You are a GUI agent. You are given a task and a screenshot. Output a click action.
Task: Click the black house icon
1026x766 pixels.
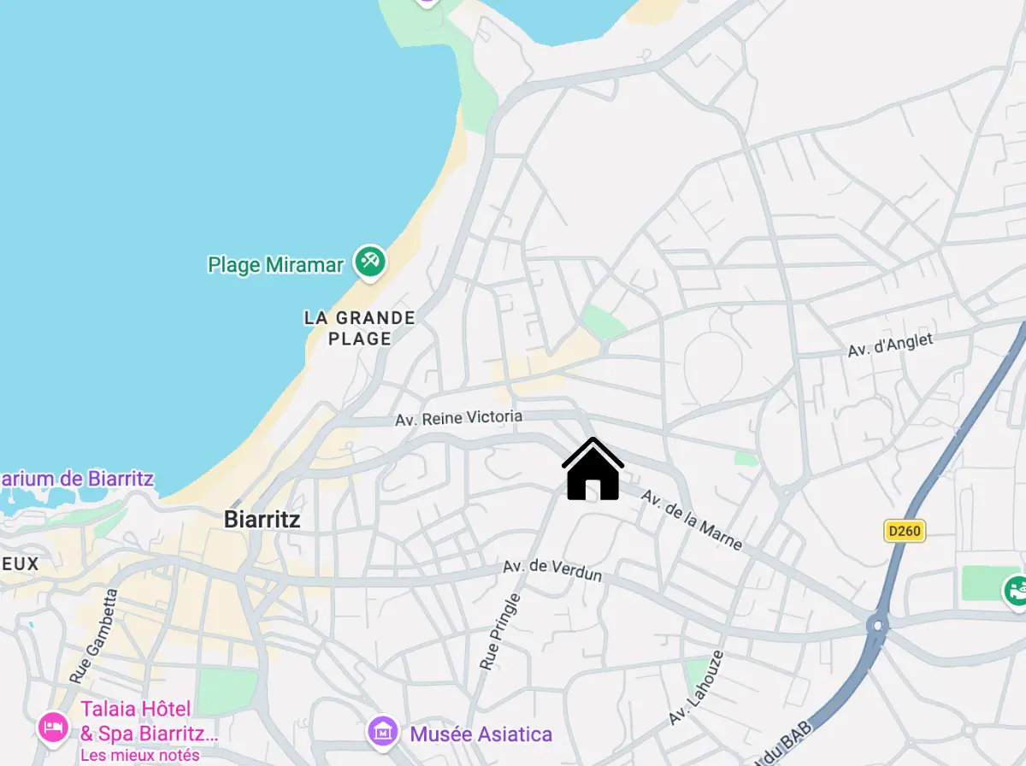tap(593, 469)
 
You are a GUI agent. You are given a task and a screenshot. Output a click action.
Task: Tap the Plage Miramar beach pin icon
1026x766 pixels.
tap(370, 261)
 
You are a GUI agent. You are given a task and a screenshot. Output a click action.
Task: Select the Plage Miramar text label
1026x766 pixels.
tap(275, 265)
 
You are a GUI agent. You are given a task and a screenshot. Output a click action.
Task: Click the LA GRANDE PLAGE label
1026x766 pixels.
tap(360, 328)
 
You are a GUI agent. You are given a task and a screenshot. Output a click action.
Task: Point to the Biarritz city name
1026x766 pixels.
tap(262, 519)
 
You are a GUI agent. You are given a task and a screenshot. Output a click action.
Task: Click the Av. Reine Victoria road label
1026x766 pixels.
tap(458, 418)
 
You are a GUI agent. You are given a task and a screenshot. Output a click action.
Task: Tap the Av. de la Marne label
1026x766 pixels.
tap(692, 520)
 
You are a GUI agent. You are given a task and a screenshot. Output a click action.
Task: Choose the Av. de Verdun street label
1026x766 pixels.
tap(552, 570)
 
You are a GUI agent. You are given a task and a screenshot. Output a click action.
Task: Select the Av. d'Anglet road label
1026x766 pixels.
tap(890, 345)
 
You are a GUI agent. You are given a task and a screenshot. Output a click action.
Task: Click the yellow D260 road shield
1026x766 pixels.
tap(905, 531)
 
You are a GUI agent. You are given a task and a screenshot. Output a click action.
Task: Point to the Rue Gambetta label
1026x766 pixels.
tap(92, 635)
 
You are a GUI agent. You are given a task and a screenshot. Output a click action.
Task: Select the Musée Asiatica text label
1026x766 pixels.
tap(481, 734)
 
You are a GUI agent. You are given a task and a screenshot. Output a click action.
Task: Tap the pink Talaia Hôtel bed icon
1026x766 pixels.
tap(53, 727)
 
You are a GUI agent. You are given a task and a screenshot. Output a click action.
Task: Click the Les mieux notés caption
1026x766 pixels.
tap(140, 755)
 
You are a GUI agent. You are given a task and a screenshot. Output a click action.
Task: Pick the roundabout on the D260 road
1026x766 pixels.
tap(877, 625)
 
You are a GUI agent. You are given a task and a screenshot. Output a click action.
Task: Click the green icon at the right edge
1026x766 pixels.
tap(1016, 589)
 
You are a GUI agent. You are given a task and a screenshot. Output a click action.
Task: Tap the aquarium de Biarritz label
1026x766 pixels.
tap(77, 478)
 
